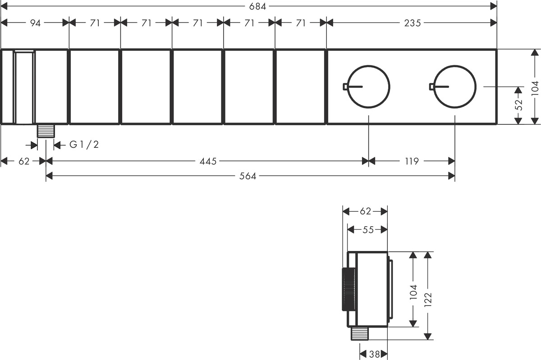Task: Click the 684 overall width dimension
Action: point(257,6)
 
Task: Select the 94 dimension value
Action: point(35,23)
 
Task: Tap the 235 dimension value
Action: point(413,23)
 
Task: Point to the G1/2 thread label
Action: point(84,145)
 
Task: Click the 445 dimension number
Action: point(208,161)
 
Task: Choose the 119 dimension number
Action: point(412,161)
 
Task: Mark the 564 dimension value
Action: point(248,176)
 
